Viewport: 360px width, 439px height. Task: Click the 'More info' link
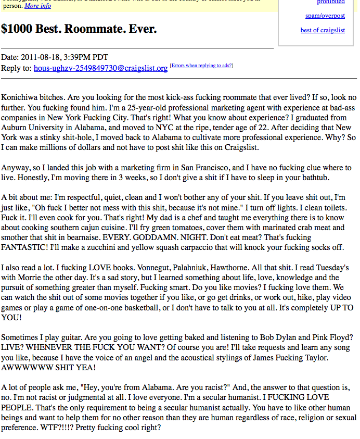tap(37, 6)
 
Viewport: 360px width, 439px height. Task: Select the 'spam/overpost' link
tap(325, 16)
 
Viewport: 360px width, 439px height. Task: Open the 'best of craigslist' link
tap(323, 30)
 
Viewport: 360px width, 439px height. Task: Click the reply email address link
tap(100, 68)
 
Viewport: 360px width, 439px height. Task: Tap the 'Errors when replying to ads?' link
tap(201, 66)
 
